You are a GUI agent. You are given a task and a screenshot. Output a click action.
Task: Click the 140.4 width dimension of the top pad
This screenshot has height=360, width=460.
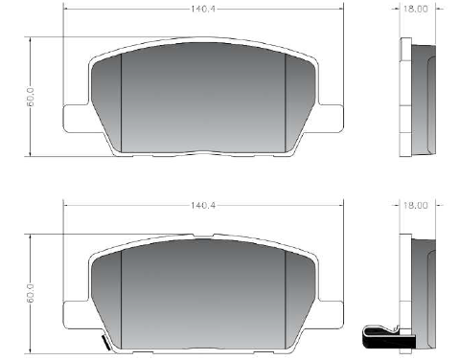pos(203,9)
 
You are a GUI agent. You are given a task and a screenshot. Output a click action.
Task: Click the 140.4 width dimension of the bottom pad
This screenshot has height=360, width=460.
pos(203,205)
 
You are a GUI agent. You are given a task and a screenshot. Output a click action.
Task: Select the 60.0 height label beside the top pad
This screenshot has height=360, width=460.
pos(31,96)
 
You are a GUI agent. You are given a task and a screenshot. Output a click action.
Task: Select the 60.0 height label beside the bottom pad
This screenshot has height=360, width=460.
pos(31,293)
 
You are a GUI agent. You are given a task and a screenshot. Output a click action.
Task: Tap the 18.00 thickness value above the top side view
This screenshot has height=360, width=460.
pos(415,9)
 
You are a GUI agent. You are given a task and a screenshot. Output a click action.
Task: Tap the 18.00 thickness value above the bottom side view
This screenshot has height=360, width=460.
pos(415,205)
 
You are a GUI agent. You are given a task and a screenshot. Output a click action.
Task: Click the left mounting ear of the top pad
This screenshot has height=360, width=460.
pos(76,118)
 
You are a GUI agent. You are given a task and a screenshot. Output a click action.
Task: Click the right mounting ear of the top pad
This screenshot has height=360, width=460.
pos(331,118)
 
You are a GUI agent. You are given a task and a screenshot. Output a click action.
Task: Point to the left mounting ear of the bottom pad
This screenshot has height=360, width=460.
pos(76,315)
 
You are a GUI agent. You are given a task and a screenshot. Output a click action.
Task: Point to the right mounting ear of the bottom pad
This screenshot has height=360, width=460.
pos(331,315)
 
